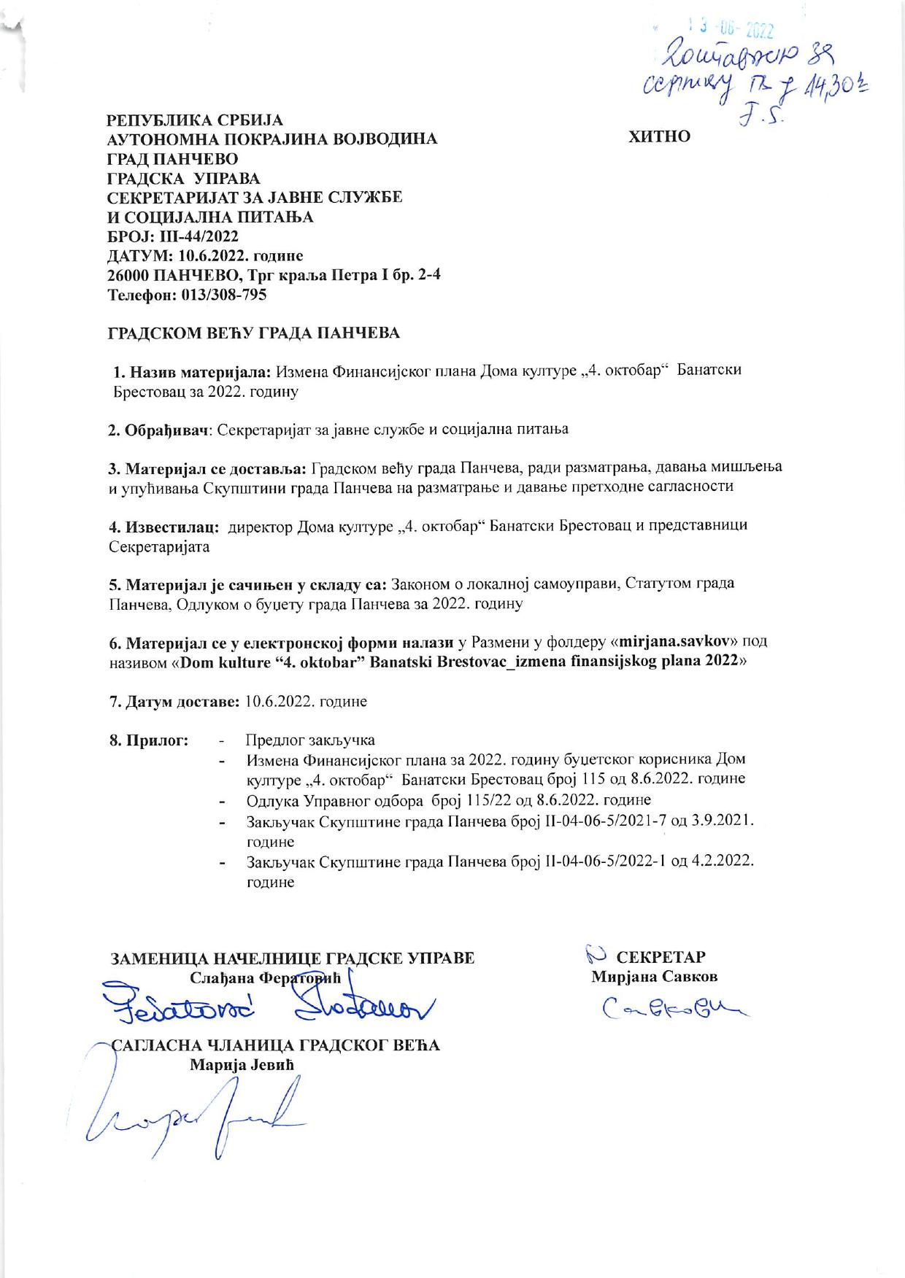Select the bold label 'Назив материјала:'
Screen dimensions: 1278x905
point(193,371)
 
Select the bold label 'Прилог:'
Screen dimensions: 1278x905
point(150,740)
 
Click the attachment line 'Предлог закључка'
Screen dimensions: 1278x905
point(310,740)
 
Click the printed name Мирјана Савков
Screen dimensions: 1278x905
point(654,977)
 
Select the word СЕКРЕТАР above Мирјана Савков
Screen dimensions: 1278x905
point(661,957)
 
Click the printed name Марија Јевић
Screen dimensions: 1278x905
point(241,1064)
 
